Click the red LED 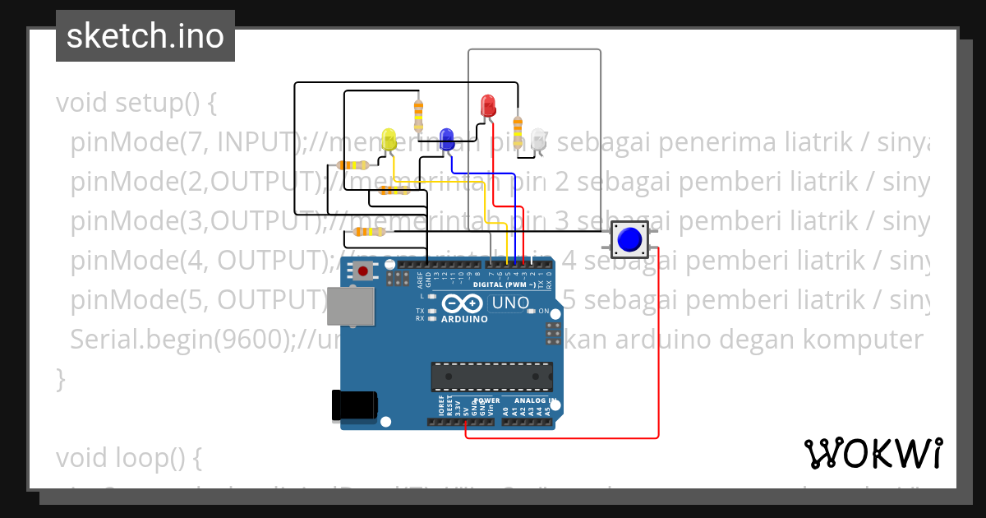click(488, 105)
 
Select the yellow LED click(389, 139)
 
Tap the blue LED click(447, 138)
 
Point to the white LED click(539, 139)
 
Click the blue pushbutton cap click(629, 239)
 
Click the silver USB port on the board click(350, 305)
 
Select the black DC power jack click(353, 406)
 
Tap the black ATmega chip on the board click(492, 376)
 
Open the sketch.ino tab click(145, 36)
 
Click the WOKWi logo click(873, 453)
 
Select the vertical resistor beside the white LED click(518, 130)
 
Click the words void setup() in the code click(136, 104)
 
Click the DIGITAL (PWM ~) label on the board click(509, 284)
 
